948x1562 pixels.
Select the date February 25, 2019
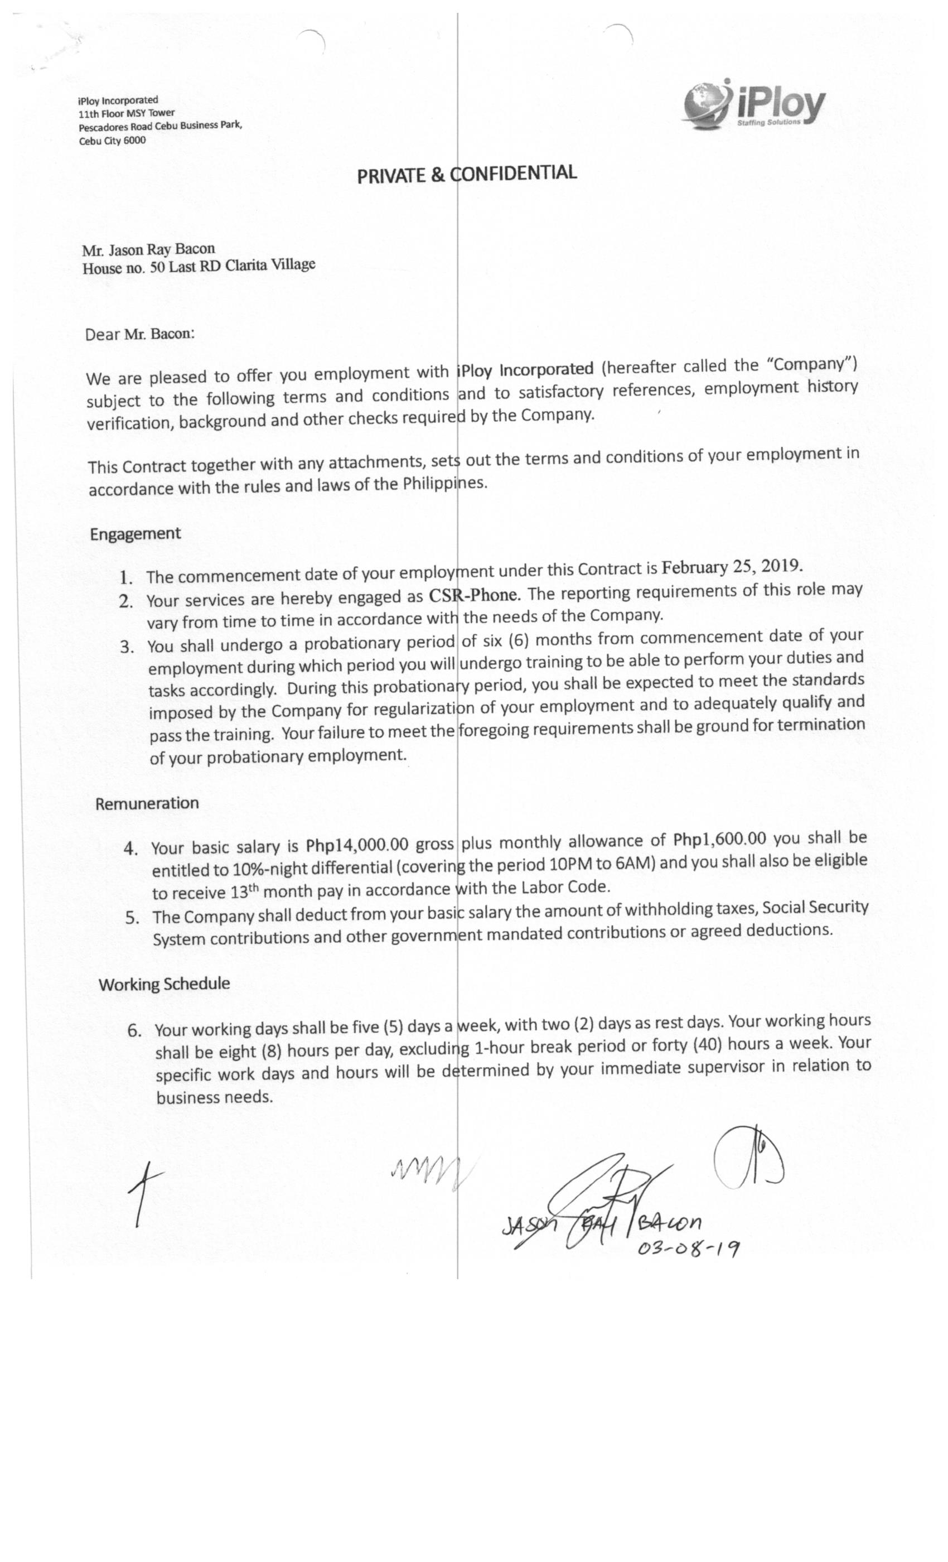coord(732,566)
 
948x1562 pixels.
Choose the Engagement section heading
coord(135,534)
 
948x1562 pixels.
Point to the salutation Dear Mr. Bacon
coord(139,334)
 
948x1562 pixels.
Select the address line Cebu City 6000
coord(112,141)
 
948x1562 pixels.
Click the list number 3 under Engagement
coord(127,647)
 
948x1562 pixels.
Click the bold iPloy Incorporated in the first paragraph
coord(525,369)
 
